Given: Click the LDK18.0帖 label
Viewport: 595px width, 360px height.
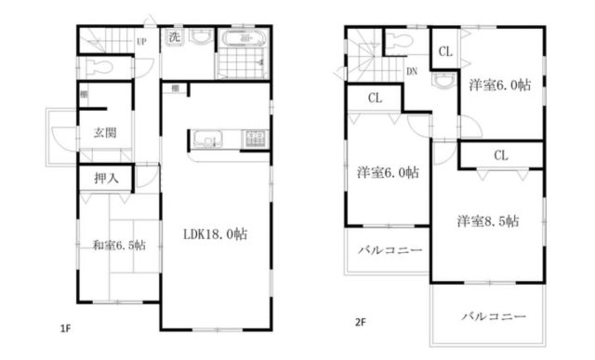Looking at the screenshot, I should pyautogui.click(x=213, y=234).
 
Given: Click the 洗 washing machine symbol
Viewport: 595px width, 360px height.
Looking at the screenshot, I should pyautogui.click(x=174, y=38).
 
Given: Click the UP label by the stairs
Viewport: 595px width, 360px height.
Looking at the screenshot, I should pyautogui.click(x=141, y=42).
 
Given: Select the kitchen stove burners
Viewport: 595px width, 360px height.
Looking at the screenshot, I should pyautogui.click(x=254, y=140).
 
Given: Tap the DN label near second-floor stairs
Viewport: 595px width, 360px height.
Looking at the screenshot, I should pyautogui.click(x=411, y=71).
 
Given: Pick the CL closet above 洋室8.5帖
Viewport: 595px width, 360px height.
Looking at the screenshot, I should pyautogui.click(x=499, y=154).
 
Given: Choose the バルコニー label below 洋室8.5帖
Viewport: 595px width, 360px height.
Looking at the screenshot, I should pyautogui.click(x=488, y=315).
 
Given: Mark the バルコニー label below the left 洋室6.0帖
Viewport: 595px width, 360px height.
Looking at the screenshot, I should pyautogui.click(x=388, y=250).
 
